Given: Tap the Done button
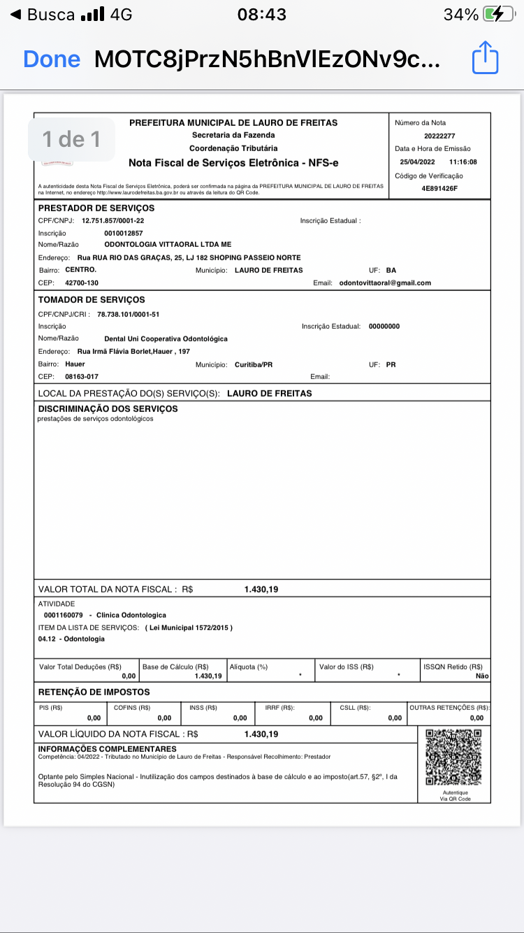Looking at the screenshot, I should coord(52,59).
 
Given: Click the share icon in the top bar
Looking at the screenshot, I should coord(485,57).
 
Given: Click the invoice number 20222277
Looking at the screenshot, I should coord(439,136).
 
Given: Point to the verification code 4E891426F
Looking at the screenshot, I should coord(439,189).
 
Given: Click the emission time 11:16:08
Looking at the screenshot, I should coord(463,162).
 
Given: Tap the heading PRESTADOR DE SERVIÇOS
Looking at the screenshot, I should coord(96,208).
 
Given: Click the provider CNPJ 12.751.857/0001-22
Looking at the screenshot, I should coord(112,220).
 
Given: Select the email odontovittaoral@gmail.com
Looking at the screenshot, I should coord(385,283).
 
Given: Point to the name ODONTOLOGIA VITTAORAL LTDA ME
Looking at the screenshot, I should coord(168,245).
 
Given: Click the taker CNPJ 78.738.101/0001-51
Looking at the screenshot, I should coord(128,314).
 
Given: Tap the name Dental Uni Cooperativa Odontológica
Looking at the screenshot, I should coord(166,339).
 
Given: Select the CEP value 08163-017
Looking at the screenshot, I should coord(82,376).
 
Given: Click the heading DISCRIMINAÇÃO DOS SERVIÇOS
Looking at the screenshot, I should coord(108,408).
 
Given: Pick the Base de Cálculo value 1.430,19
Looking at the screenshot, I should coord(208,676).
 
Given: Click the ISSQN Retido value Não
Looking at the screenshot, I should coord(482,676).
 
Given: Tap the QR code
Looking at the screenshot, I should coord(453,757).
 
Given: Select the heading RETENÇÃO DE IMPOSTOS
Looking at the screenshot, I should coord(94,692).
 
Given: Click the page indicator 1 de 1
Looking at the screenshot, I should coord(71,139).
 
